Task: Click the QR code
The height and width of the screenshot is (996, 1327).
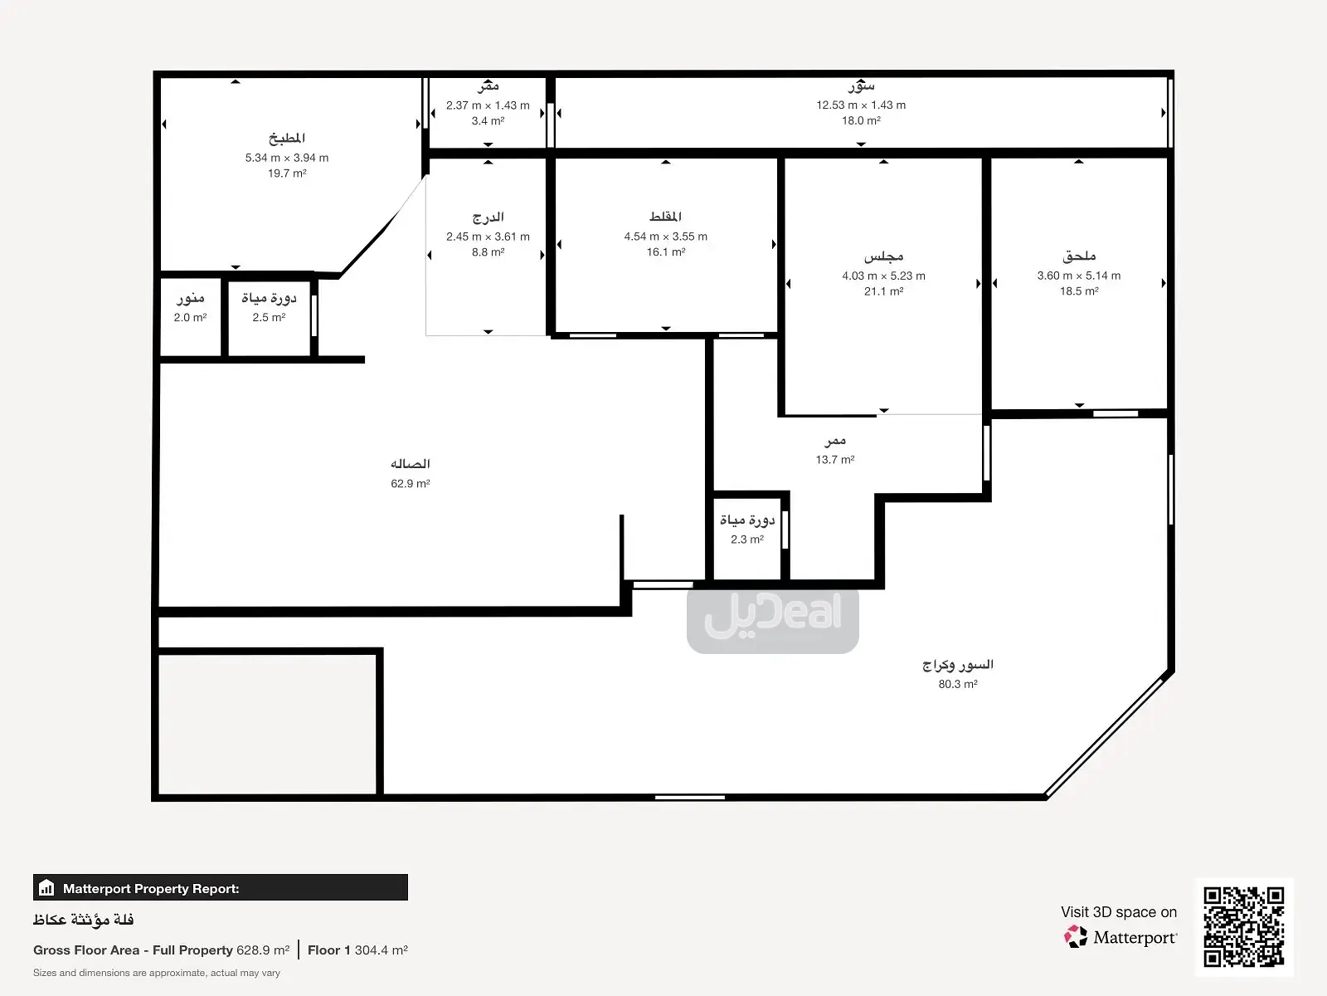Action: (x=1243, y=927)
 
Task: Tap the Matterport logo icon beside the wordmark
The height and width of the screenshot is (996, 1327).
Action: (x=1076, y=937)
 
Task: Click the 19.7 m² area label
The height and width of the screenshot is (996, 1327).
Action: (x=287, y=173)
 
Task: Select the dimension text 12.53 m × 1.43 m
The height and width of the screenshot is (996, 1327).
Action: (x=861, y=105)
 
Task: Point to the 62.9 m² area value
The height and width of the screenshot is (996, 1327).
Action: (x=410, y=484)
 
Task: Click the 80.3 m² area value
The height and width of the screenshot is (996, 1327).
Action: (x=958, y=685)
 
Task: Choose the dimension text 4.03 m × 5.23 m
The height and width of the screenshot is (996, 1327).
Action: (x=883, y=276)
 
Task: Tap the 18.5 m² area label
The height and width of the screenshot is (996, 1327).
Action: (x=1079, y=291)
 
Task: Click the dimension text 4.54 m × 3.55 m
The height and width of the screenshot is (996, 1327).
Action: (x=666, y=237)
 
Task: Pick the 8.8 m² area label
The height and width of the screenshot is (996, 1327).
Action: (x=488, y=252)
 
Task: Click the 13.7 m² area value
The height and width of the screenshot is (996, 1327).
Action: (x=835, y=460)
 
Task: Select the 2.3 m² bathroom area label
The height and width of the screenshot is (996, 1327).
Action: (x=747, y=539)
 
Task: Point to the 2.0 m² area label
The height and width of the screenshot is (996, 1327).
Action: (x=191, y=318)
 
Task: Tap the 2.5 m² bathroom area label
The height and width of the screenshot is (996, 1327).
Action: (x=269, y=318)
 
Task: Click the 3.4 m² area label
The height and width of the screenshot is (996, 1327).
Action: (x=488, y=121)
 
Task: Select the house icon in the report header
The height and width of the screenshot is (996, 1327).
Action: (x=46, y=888)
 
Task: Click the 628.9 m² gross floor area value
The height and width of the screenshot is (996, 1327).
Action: (x=263, y=950)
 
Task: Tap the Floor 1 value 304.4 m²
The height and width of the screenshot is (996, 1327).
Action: (x=381, y=950)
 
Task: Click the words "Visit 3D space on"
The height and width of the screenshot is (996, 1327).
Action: (x=1119, y=912)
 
